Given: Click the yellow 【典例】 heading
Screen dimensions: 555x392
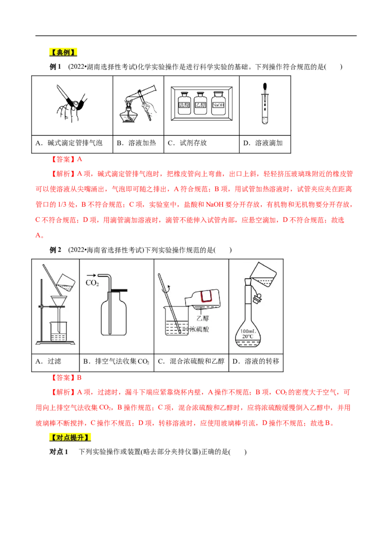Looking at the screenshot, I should coord(63,52).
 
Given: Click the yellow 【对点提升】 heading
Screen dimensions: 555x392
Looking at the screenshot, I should coord(71,437).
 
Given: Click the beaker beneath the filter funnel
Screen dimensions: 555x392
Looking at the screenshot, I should coord(58,331).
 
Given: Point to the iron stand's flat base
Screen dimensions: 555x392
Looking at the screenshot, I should coord(55,342).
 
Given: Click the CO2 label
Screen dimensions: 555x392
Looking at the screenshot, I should coord(92,283).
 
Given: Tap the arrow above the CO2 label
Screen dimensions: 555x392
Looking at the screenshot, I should coord(91,276).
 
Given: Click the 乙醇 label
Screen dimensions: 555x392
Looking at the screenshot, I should coord(203,318).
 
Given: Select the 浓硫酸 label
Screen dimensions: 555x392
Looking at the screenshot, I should coord(198,329).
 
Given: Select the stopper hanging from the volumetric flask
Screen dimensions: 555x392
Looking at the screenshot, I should coord(258,297).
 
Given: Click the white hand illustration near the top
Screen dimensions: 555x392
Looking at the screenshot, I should coord(151,109).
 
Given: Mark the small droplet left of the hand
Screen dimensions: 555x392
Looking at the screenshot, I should coord(128,104).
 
